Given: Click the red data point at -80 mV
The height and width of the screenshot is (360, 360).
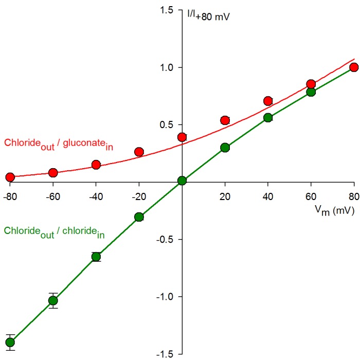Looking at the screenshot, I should click(x=10, y=177).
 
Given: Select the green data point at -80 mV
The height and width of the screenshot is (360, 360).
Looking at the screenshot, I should click(x=10, y=342).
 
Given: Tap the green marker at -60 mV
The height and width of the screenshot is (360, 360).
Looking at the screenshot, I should click(x=53, y=300).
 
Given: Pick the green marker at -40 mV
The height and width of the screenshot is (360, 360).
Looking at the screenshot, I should click(x=96, y=257).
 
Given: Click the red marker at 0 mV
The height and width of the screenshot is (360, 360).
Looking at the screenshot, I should click(x=182, y=137).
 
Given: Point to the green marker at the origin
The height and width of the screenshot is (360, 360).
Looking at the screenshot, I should click(x=182, y=181).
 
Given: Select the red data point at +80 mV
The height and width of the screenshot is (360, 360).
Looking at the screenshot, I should click(x=353, y=67).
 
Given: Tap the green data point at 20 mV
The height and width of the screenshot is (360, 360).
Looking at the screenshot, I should click(x=225, y=148).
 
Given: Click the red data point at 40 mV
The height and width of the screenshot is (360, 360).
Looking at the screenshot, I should click(x=267, y=101).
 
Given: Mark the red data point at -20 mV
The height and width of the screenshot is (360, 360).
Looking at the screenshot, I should click(x=139, y=152).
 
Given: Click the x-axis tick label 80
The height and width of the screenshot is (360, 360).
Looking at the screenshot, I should click(x=353, y=196).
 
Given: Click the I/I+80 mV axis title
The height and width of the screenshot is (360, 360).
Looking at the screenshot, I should click(x=208, y=16).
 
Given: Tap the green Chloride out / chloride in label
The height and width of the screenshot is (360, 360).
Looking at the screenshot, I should click(x=54, y=232).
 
